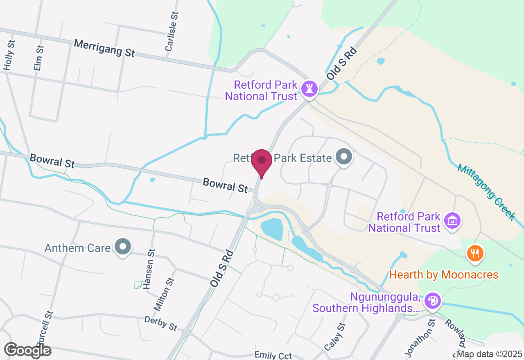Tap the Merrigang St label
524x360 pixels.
[x=104, y=48]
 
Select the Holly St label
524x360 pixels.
[x=9, y=55]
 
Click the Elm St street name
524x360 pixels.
[x=39, y=58]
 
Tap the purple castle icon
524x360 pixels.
[x=309, y=88]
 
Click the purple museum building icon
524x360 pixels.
[x=452, y=221]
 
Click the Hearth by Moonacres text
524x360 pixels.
[x=444, y=274]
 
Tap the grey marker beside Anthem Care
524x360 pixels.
[x=122, y=247]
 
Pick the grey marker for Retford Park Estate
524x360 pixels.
[x=343, y=157]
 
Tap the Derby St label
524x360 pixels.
[x=161, y=323]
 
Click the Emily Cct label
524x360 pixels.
[x=273, y=355]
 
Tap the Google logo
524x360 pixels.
[x=27, y=350]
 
